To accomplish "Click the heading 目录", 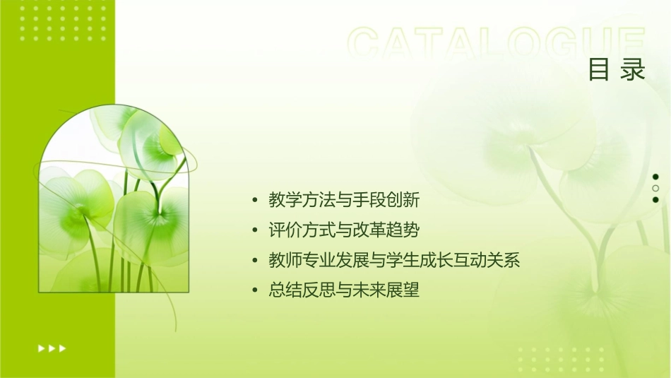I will coord(617,69).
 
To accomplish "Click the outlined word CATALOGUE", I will coord(496,44).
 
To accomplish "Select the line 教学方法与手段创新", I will coord(344,201).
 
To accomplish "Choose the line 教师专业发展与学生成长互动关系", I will coord(394,260).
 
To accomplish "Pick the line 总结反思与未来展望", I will coord(344,290).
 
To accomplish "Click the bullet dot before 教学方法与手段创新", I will coord(255,201).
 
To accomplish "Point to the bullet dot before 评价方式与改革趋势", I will coord(255,231).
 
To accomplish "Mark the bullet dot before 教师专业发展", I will coord(255,261).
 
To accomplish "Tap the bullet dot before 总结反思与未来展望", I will coord(255,290).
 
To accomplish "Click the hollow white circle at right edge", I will coord(655,188).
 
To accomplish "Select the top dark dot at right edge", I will coord(655,177).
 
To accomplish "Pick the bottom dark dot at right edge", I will coord(655,199).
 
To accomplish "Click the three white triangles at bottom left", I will coord(52,348).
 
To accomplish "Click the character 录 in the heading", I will coord(634,69).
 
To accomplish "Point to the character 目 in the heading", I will coord(600,69).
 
